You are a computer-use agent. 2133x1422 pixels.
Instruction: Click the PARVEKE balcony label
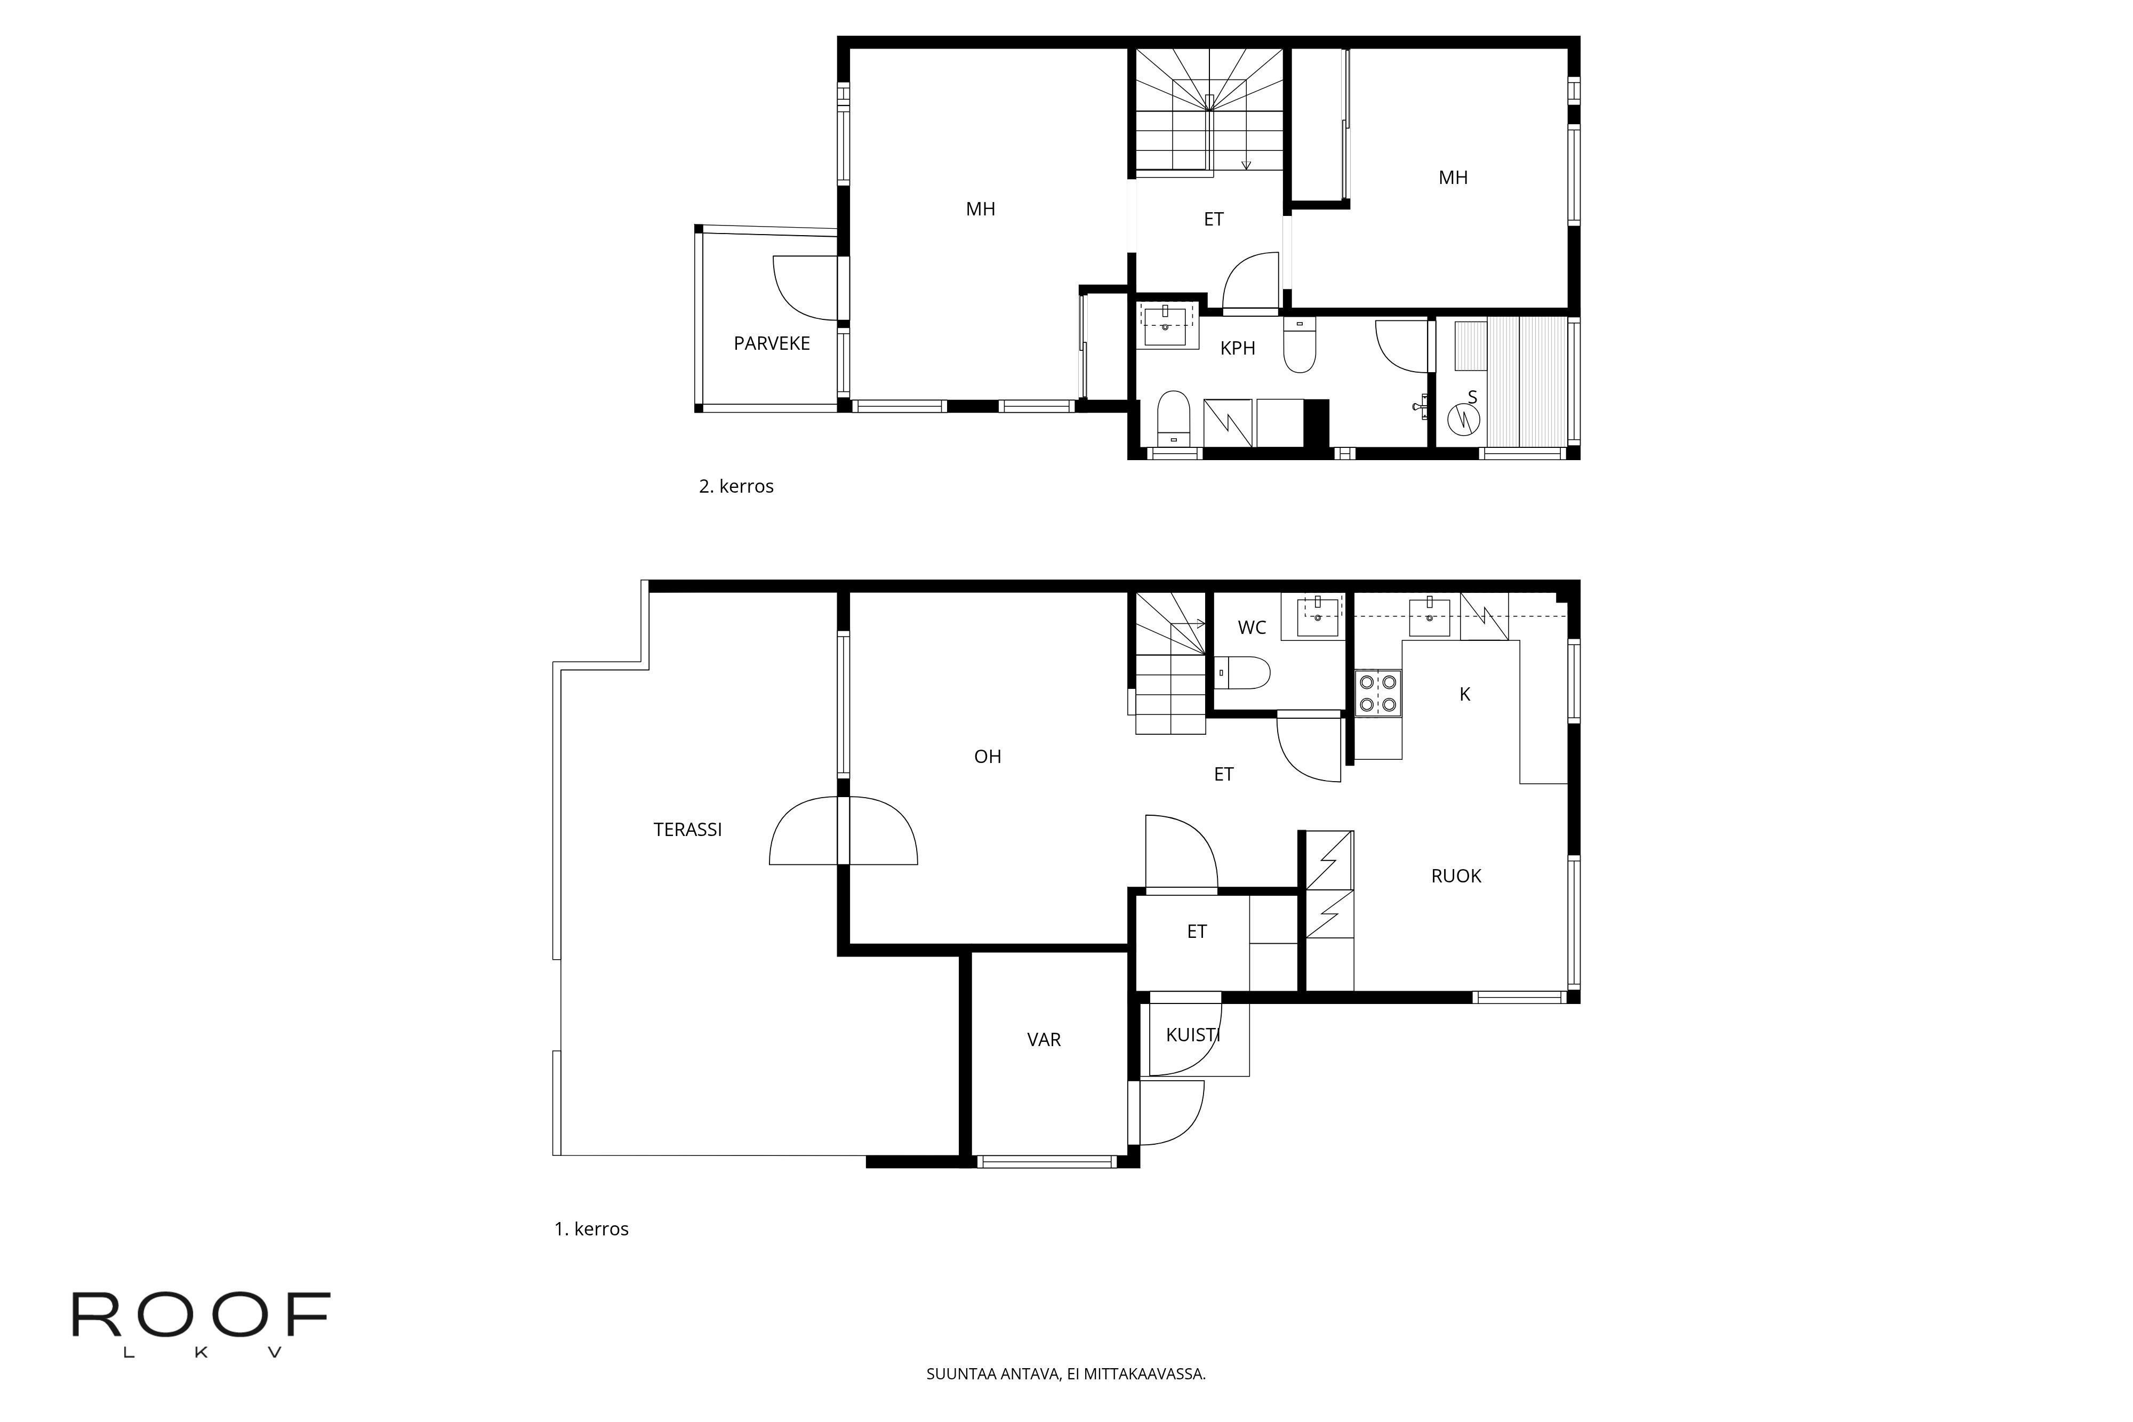[771, 344]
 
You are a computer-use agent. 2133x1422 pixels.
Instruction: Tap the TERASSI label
[687, 830]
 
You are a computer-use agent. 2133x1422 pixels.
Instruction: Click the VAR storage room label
[1044, 1040]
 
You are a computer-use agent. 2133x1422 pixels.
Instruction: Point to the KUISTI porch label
[1192, 1035]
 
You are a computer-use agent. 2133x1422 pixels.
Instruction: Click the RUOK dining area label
[1456, 876]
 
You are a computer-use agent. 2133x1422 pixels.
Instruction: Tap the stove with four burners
[1377, 693]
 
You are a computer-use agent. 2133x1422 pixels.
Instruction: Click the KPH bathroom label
[1237, 348]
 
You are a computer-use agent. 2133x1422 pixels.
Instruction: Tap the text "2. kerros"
[735, 486]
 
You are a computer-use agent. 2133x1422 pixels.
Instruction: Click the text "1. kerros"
[591, 1229]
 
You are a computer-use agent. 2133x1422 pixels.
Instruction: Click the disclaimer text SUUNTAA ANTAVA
[1065, 1374]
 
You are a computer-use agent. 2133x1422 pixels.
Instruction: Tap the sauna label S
[1472, 397]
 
